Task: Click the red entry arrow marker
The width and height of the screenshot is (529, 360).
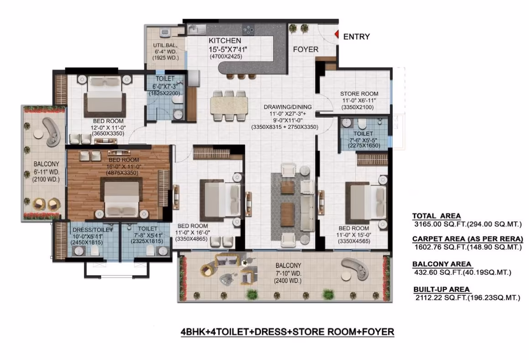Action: pyautogui.click(x=337, y=34)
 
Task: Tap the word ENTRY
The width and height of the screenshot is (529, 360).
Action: pyautogui.click(x=356, y=36)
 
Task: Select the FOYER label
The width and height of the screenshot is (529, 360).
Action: pyautogui.click(x=306, y=50)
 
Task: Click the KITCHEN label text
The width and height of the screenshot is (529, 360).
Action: pyautogui.click(x=225, y=41)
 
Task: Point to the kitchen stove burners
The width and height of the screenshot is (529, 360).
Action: pyautogui.click(x=248, y=29)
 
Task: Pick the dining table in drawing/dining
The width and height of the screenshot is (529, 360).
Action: pyautogui.click(x=229, y=105)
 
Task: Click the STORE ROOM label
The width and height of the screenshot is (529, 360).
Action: pyautogui.click(x=359, y=94)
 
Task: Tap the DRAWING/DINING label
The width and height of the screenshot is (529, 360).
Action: pyautogui.click(x=288, y=107)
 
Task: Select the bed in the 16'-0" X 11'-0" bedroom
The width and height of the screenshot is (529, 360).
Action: pyautogui.click(x=121, y=198)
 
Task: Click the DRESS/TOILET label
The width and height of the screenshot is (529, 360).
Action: pyautogui.click(x=93, y=230)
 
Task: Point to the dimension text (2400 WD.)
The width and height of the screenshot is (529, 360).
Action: pyautogui.click(x=288, y=281)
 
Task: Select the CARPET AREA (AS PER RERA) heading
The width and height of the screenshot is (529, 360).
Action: pyautogui.click(x=467, y=239)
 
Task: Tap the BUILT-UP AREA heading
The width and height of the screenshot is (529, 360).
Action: pyautogui.click(x=441, y=289)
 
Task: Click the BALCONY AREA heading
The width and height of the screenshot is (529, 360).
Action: pyautogui.click(x=441, y=264)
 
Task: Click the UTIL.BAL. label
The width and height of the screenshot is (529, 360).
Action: pyautogui.click(x=165, y=45)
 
